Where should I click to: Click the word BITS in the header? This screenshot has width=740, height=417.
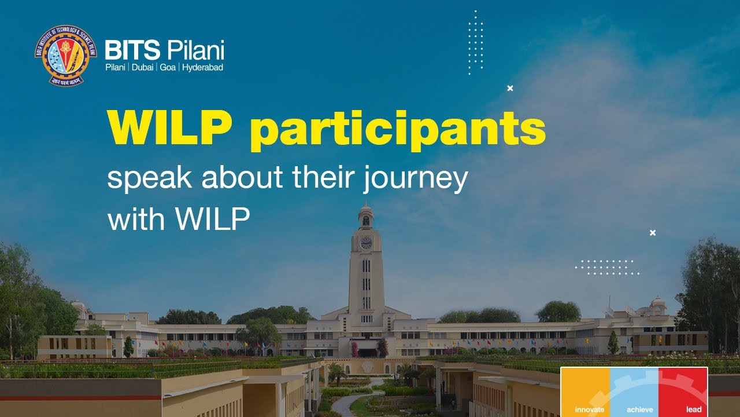pos(132,51)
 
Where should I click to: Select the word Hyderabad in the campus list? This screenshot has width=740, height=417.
pos(202,68)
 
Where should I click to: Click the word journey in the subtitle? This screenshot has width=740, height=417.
pos(415,178)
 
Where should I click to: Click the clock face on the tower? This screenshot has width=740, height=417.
pos(366,243)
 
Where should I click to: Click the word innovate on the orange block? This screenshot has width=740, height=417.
pos(589,409)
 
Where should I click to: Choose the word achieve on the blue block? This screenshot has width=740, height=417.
pos(640,409)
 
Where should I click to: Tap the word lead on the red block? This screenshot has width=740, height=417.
pos(694,409)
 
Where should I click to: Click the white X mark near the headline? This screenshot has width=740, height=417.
pos(510,88)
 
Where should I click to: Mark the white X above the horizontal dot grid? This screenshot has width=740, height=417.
pos(653,233)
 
